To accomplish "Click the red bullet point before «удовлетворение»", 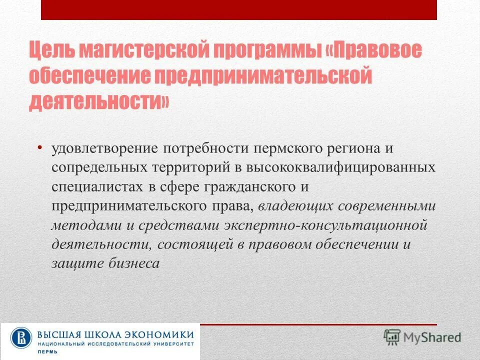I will tap(39, 148).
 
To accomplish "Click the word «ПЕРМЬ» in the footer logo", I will tap(48, 352).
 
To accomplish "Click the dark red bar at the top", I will tap(238, 9).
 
